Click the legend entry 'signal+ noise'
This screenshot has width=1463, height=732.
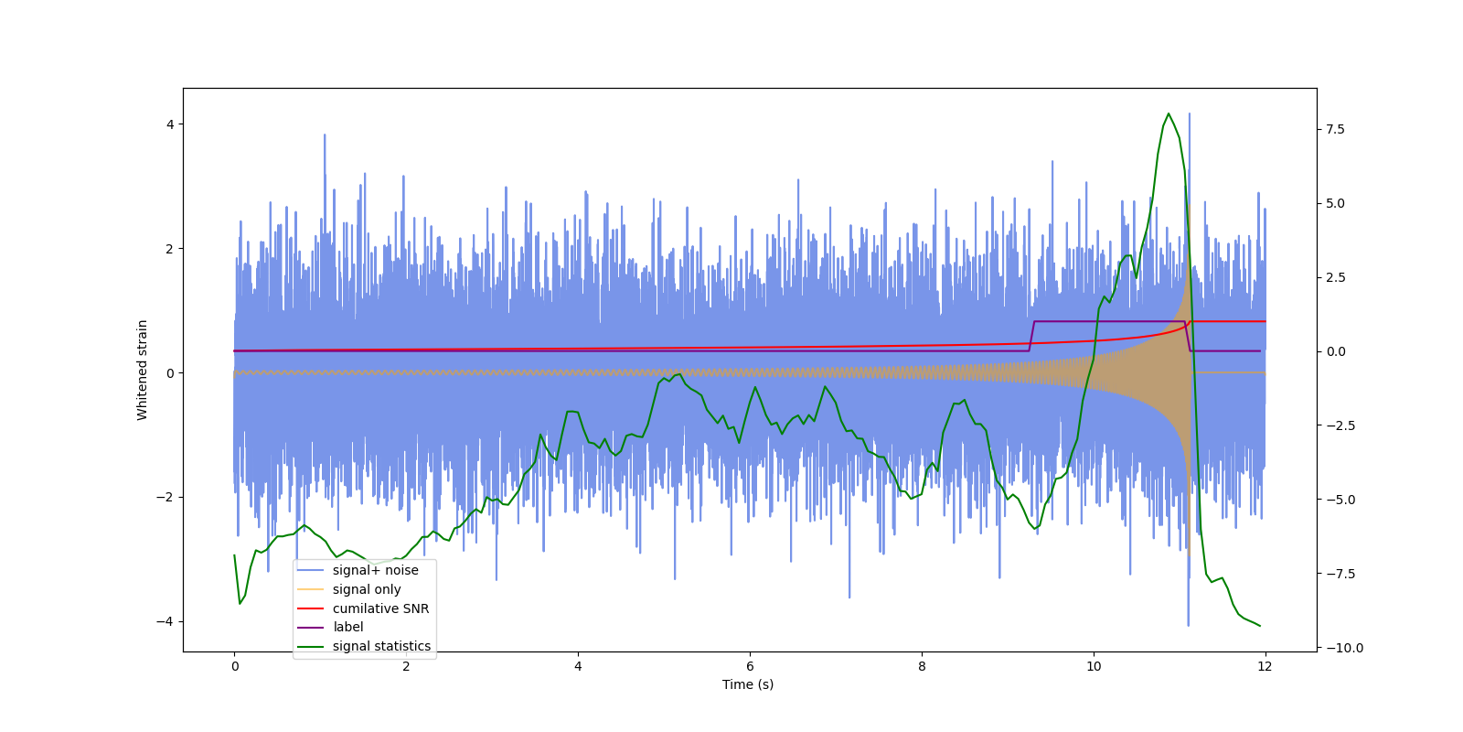point(375,570)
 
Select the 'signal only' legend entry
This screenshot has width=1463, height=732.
point(366,589)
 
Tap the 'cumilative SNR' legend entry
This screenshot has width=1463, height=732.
point(380,608)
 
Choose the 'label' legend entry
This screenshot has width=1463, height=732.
point(347,627)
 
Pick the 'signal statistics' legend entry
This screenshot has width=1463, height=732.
point(381,646)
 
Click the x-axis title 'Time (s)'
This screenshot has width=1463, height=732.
point(748,684)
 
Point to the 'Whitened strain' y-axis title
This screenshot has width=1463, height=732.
point(143,370)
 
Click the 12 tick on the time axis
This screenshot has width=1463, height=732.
point(1265,666)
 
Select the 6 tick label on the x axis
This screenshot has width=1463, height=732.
point(750,666)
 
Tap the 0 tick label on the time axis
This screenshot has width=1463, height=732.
point(235,666)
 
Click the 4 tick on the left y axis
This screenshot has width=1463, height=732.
point(170,124)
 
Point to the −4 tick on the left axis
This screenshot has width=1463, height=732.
point(166,621)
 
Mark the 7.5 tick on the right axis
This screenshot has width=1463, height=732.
point(1335,129)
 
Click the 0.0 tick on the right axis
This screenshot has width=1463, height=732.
point(1335,351)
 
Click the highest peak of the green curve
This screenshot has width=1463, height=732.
point(1168,113)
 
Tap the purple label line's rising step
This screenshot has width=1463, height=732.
point(1031,336)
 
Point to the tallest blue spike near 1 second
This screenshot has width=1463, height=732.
point(325,135)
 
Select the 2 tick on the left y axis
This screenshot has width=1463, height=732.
point(170,249)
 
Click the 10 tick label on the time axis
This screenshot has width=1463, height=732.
point(1094,666)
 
